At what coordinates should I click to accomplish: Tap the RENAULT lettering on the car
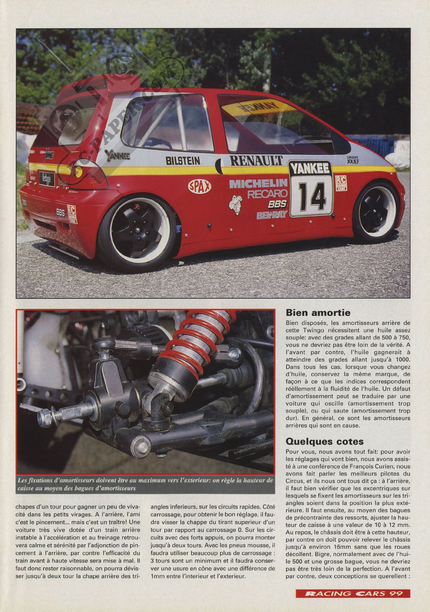point(256,160)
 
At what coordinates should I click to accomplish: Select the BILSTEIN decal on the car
point(183,160)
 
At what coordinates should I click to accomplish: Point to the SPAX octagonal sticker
point(200,186)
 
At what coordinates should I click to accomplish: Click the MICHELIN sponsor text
point(258,183)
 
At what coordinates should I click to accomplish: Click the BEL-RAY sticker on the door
point(272,215)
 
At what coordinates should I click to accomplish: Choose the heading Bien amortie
point(318,313)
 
